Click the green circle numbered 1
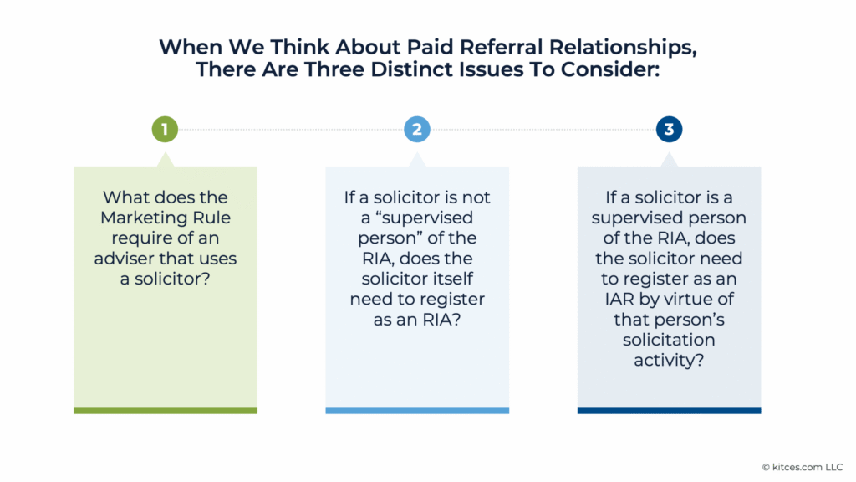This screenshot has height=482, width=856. click(165, 130)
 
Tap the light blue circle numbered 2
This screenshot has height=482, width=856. click(417, 130)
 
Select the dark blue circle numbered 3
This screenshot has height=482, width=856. click(670, 130)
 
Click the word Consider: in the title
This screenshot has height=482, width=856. click(610, 69)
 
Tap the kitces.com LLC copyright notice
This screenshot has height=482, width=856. click(802, 467)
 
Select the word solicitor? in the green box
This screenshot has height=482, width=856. click(172, 279)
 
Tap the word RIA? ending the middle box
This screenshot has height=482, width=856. click(441, 320)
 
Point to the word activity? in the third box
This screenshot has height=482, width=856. click(669, 360)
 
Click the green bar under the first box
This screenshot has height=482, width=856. click(166, 410)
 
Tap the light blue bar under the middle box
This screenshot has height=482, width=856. click(417, 410)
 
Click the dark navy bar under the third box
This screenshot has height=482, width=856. click(670, 410)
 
